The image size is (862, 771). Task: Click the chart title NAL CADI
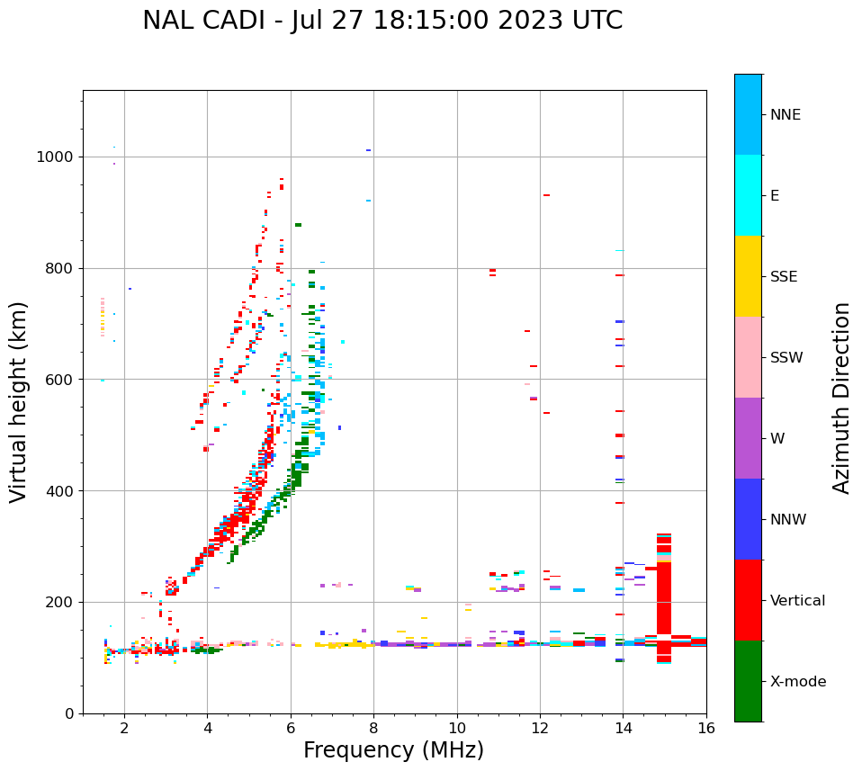(x=382, y=21)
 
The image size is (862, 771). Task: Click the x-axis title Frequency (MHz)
(x=393, y=749)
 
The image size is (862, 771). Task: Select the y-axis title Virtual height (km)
(x=19, y=401)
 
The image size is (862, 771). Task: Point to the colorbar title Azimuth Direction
(x=841, y=397)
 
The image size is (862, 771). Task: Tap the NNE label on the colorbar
(x=785, y=115)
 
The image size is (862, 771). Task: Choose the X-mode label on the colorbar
(x=797, y=682)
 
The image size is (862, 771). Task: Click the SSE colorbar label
(x=785, y=277)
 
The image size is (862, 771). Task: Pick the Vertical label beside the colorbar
(x=797, y=601)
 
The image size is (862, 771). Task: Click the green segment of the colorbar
(x=748, y=681)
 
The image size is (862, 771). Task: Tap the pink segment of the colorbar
(x=748, y=357)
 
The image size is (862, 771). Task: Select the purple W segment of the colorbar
(x=748, y=438)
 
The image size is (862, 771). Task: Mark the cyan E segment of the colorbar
(x=748, y=195)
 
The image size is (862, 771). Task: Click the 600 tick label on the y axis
(x=60, y=380)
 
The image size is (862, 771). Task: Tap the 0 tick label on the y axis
(x=68, y=713)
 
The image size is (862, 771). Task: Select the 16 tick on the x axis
(x=706, y=727)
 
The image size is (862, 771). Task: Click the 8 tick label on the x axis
(x=373, y=727)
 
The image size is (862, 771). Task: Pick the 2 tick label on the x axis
(x=124, y=727)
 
